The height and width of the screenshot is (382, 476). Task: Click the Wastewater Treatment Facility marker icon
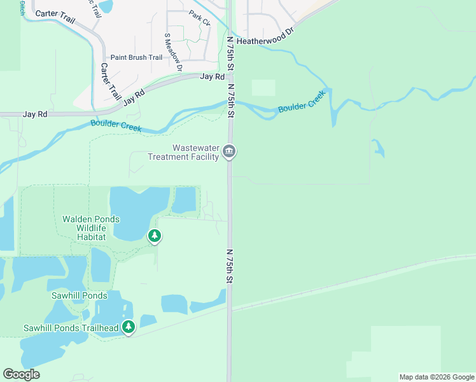point(230,152)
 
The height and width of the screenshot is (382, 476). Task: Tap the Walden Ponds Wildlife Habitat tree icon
point(154,236)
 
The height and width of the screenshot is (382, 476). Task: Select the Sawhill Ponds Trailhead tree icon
point(129,327)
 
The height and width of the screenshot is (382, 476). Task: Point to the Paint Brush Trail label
point(136,57)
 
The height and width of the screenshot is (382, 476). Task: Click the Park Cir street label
point(200,17)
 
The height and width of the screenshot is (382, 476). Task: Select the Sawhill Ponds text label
point(79,295)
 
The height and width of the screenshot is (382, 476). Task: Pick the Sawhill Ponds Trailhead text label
point(71,328)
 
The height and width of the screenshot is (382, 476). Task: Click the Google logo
point(21,374)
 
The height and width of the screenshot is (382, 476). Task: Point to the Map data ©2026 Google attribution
point(436,377)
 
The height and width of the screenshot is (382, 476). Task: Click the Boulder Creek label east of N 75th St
point(302,103)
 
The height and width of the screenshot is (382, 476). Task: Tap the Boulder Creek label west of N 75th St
point(115,126)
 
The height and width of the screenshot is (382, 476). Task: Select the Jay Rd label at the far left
point(35,115)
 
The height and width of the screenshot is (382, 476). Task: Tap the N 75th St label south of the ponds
point(230,266)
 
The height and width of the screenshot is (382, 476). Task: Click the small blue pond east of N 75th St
point(379,149)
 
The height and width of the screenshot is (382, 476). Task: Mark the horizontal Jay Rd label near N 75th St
point(213,76)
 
